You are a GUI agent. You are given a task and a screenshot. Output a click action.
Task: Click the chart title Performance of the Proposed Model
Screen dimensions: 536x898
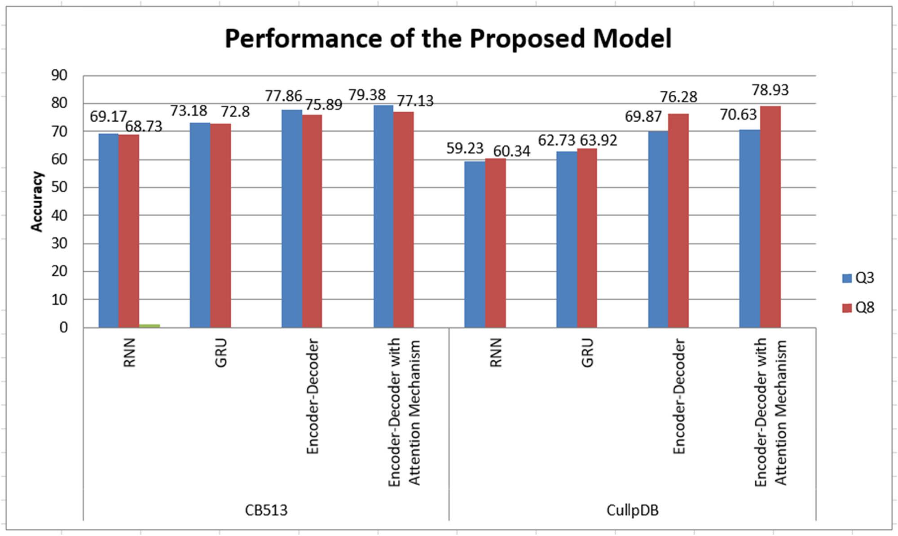(x=448, y=38)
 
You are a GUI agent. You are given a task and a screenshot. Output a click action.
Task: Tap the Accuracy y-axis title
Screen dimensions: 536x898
(x=37, y=201)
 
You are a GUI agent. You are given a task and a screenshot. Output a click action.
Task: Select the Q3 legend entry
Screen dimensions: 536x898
(x=858, y=278)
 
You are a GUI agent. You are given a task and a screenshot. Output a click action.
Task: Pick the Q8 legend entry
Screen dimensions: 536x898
(x=858, y=308)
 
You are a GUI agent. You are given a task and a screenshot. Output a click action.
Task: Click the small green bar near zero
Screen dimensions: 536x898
(x=150, y=326)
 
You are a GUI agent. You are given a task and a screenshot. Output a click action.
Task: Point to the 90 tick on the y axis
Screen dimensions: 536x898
(x=59, y=75)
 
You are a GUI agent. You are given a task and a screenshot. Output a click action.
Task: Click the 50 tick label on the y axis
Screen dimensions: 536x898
(x=59, y=187)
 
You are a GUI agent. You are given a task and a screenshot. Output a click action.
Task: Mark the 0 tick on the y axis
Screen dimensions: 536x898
(x=63, y=328)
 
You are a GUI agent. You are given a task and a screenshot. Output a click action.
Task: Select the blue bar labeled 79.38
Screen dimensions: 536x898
(x=383, y=216)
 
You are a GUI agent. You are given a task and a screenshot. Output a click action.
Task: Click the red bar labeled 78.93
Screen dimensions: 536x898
(x=770, y=217)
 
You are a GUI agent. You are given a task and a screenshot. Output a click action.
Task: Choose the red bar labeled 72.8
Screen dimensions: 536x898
(x=220, y=225)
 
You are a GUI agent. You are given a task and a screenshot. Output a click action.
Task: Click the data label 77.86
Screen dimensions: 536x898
(x=283, y=96)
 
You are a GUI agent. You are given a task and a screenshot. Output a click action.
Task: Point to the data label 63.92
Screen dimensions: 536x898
(x=599, y=141)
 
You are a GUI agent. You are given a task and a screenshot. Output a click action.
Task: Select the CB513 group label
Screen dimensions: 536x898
(x=266, y=510)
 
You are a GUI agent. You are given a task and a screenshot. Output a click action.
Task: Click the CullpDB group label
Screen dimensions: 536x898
(x=632, y=510)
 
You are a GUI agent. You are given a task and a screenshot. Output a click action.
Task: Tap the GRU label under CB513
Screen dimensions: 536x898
(x=221, y=353)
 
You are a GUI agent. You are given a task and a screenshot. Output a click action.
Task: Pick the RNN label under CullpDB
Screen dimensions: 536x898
(x=496, y=353)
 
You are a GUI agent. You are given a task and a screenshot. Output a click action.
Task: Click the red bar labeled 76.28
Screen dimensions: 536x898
(x=678, y=220)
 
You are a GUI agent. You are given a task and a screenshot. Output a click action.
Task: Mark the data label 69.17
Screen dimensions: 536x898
(x=108, y=117)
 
